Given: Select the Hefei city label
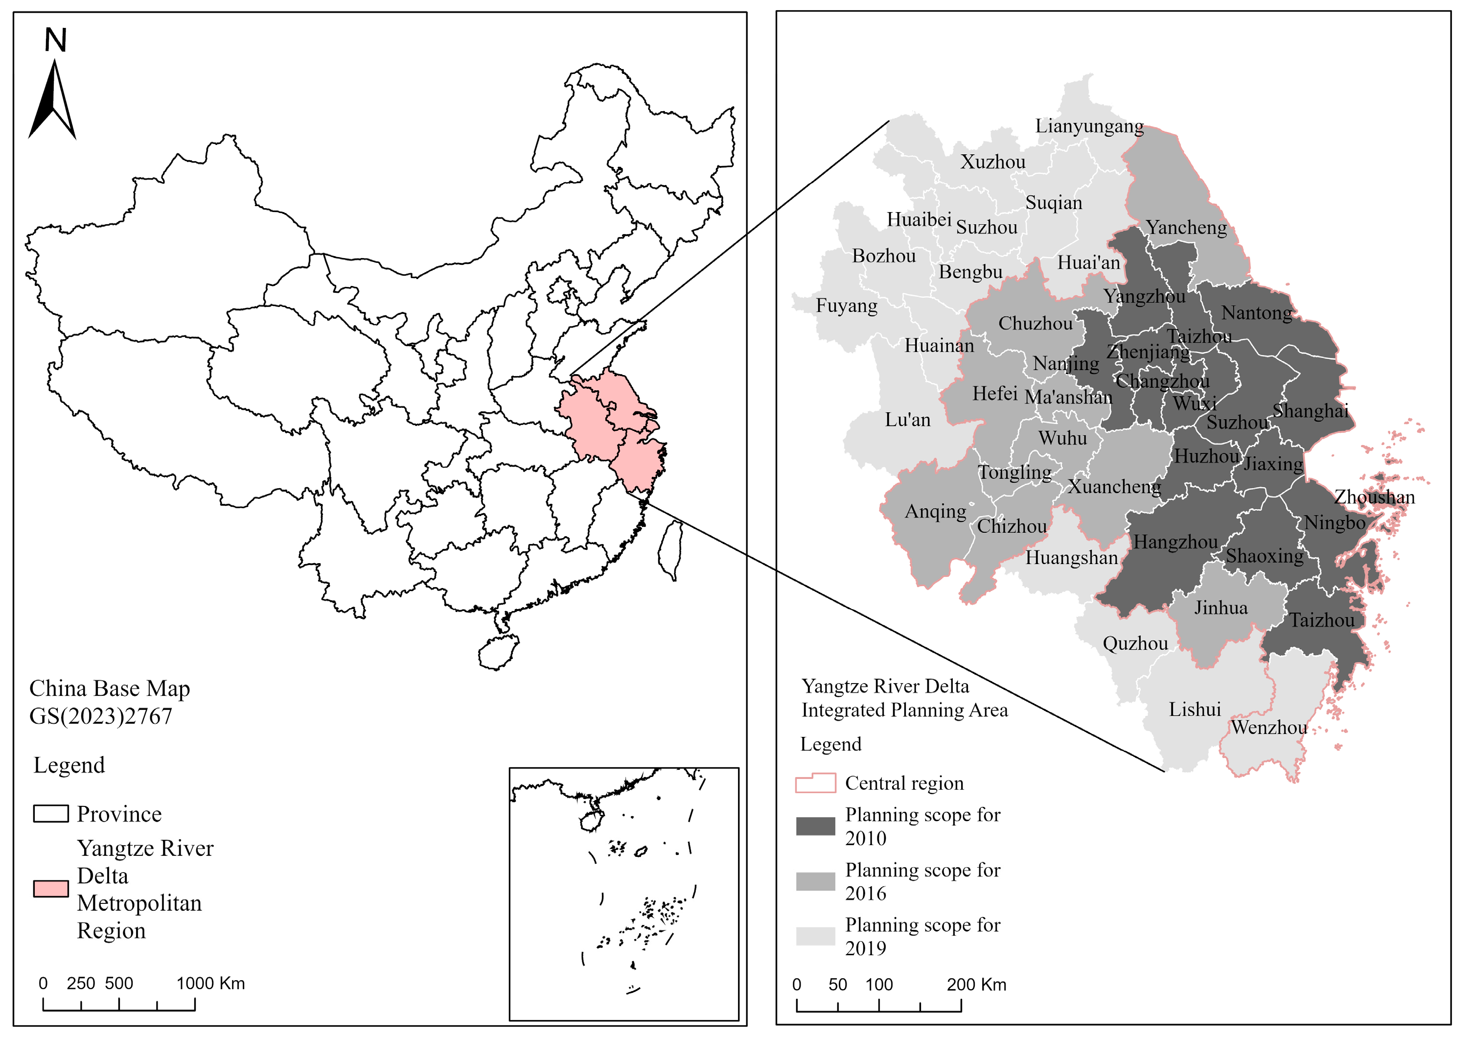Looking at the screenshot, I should [994, 393].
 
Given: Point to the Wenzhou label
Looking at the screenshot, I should [1269, 727].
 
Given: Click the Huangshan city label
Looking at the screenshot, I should [1071, 558].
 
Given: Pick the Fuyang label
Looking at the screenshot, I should [846, 306].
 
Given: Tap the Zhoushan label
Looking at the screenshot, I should [1374, 496].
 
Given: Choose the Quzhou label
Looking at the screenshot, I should [1135, 643].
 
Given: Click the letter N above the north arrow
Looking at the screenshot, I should [56, 41].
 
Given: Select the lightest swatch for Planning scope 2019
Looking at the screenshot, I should [815, 936].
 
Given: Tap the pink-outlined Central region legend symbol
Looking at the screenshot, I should [815, 783].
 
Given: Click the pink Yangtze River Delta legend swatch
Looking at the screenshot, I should [50, 889].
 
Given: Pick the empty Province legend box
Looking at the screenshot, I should [50, 813].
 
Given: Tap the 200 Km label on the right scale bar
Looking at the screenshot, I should [976, 984].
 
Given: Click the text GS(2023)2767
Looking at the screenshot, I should [101, 716].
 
